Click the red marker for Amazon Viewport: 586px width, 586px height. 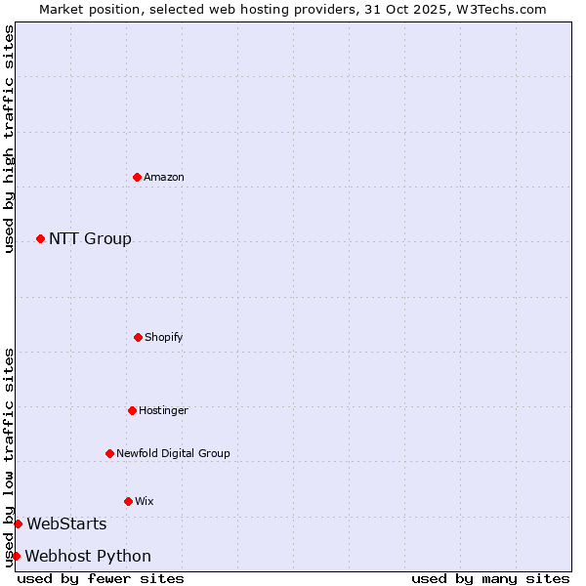click(x=137, y=177)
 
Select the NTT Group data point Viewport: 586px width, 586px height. click(x=40, y=238)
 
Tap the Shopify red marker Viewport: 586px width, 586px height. click(x=138, y=337)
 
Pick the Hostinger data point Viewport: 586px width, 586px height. click(x=132, y=410)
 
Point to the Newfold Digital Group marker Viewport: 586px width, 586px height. click(x=109, y=453)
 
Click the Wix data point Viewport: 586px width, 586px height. click(x=128, y=501)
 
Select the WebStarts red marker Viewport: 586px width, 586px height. click(x=18, y=524)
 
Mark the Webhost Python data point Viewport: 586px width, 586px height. click(x=16, y=556)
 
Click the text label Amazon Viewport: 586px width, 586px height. click(x=164, y=177)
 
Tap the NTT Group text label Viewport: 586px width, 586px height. click(x=90, y=238)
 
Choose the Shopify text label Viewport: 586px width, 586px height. click(x=164, y=337)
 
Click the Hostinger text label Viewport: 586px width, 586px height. click(x=163, y=410)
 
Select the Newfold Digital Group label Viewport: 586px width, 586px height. click(x=173, y=453)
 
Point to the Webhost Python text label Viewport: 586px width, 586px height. click(x=88, y=556)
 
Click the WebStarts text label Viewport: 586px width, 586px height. click(x=66, y=524)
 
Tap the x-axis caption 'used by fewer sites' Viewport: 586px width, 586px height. click(x=101, y=578)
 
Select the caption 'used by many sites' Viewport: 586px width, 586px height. click(x=490, y=578)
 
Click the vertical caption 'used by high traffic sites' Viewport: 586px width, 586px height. click(x=9, y=139)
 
